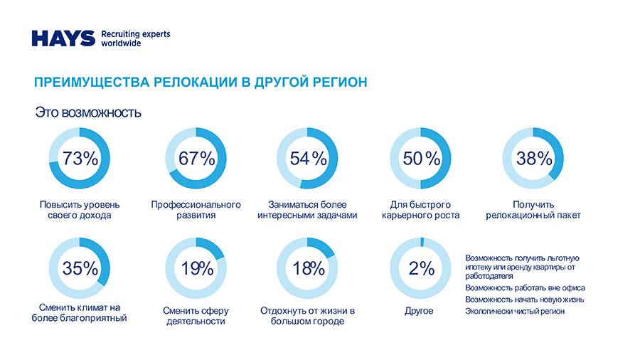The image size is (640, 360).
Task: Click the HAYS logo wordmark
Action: coord(63,38)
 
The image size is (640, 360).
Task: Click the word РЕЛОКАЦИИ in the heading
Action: coord(196,83)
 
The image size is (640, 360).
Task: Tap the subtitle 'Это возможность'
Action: coord(88,112)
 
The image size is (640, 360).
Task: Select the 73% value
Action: coord(80,159)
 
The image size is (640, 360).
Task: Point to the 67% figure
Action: coord(196,159)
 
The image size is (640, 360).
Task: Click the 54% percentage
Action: coord(308,159)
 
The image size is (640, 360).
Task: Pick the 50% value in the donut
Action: coord(422,159)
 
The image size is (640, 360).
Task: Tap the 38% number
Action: coord(534,159)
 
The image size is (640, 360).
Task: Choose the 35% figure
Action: coord(80,268)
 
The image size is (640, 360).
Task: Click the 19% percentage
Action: coord(196,268)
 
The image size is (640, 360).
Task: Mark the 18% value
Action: coord(308,268)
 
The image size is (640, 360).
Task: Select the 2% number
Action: coord(421,268)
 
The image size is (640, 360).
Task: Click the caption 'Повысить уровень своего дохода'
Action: coord(80,210)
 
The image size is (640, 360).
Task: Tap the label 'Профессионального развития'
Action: coord(196,210)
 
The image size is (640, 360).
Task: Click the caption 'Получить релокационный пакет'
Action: coord(533,210)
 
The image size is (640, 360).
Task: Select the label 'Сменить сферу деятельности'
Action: coord(196,316)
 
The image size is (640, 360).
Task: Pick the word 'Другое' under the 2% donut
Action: coord(419,311)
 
